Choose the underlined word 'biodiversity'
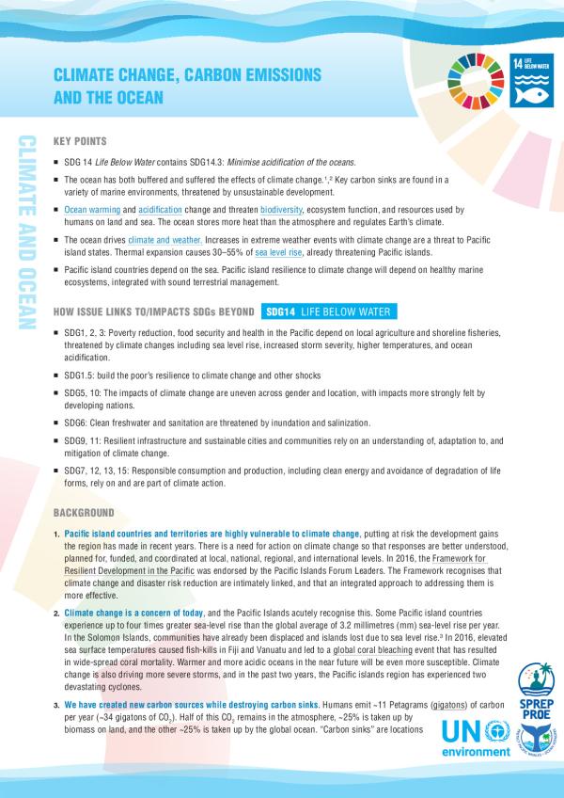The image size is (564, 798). coord(290,207)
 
